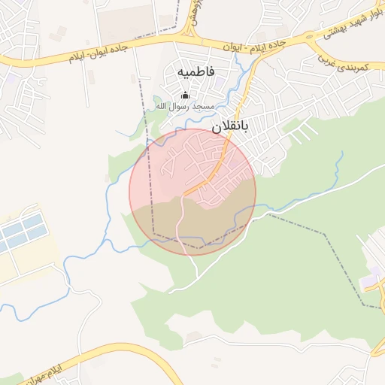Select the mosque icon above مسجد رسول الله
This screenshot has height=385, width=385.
[186, 95]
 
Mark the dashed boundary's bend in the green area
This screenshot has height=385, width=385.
[325, 235]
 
